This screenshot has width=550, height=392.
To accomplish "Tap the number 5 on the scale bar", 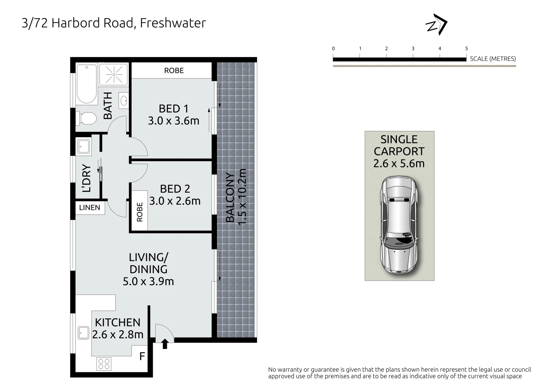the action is tap(467, 49).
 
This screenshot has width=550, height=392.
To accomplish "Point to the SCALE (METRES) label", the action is tap(493, 59).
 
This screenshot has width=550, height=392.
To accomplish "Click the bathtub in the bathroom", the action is tap(87, 84).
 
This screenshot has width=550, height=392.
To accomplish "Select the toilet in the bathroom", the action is tap(87, 118).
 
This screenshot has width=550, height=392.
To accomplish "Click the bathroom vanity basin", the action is tap(123, 100).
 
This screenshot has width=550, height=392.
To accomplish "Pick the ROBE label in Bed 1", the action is tap(174, 70).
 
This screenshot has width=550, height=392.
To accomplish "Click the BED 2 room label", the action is tap(175, 189).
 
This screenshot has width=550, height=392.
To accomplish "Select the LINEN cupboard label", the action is tap(90, 208).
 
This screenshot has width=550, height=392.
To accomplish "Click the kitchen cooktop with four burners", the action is tap(104, 364).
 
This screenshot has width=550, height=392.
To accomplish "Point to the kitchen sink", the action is tap(83, 332).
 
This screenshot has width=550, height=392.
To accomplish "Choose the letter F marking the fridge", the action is tap(142, 356).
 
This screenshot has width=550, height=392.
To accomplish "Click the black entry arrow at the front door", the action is tap(165, 343).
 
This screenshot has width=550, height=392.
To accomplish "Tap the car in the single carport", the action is tap(399, 225).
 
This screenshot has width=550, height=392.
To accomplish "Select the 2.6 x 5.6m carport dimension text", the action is tap(399, 164).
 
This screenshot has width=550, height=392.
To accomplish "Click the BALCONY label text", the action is tap(230, 198).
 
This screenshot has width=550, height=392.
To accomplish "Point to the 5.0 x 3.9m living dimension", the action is tap(148, 281).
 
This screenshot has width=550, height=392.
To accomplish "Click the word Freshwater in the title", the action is tap(173, 23).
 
